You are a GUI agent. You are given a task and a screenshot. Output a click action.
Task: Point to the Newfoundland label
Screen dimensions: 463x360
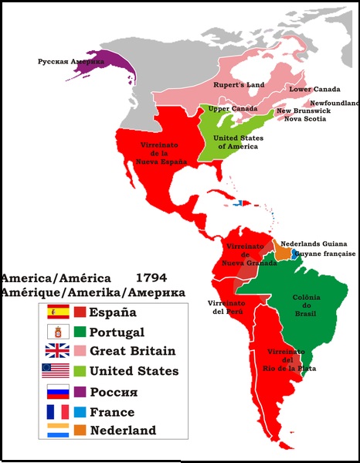335,102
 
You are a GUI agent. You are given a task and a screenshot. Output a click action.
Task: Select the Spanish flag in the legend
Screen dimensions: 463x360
57,312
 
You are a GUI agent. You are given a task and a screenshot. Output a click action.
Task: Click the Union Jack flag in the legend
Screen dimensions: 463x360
57,351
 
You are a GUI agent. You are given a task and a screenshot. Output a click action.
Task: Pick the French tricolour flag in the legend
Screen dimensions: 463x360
57,410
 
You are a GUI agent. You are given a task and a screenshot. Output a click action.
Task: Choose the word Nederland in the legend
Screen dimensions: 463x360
123,431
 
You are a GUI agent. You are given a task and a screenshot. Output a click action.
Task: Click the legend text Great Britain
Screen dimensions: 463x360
132,351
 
